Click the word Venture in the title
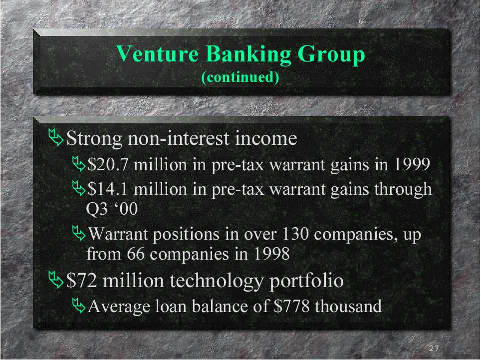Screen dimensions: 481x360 pos(157,54)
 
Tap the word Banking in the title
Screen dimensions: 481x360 pos(248,55)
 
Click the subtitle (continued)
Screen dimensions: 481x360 pos(240,77)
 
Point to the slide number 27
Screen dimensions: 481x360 pos(434,348)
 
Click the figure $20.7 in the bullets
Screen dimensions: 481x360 pos(107,164)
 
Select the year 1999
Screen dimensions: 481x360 pos(412,164)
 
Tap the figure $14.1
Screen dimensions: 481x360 pos(107,189)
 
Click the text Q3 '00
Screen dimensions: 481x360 pos(112,209)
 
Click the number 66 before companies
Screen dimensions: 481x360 pos(136,254)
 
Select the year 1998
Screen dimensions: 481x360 pos(272,254)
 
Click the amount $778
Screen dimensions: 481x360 pos(291,306)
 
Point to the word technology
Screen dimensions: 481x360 pos(216,282)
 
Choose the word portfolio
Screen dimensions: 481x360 pos(306,282)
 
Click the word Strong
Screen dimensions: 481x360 pos(94,139)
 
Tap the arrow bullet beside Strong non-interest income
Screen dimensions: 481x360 pos(56,137)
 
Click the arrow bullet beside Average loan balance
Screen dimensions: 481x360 pos(79,306)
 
